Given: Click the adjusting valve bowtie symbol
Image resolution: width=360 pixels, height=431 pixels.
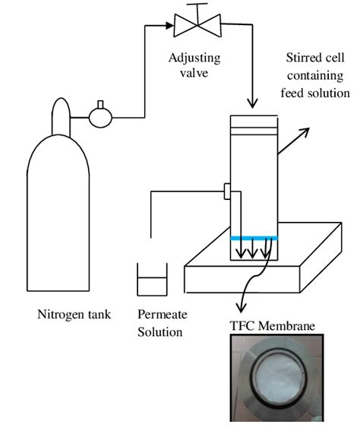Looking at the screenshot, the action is pos(197,25).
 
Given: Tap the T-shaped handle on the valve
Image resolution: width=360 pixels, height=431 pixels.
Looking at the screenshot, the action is pos(197,11).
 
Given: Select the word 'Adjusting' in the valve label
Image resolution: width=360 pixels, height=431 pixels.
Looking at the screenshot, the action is pos(194,59).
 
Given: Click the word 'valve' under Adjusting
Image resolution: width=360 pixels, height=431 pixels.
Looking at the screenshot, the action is pos(194,73).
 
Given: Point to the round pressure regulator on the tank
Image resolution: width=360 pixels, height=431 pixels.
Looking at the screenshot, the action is pos(100,117).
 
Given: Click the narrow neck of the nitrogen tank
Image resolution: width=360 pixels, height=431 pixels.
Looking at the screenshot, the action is pos(61,116).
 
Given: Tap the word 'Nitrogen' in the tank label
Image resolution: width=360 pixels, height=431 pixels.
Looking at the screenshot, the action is pos(65,315).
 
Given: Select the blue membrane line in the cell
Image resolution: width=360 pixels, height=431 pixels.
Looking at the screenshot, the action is pos(254,238).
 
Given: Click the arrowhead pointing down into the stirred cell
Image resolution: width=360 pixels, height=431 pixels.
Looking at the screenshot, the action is pos(252,103).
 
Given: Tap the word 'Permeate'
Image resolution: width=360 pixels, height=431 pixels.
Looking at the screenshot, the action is pos(163,315).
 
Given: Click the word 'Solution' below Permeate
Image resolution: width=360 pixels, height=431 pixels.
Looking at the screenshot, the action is pos(159,331).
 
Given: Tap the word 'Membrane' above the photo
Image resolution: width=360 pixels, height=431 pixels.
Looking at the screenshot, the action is pos(286,326).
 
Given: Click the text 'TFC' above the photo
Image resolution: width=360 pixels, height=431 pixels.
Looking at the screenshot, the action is pos(242,326).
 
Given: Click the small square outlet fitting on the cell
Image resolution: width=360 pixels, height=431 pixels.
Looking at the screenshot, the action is pos(227,191).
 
